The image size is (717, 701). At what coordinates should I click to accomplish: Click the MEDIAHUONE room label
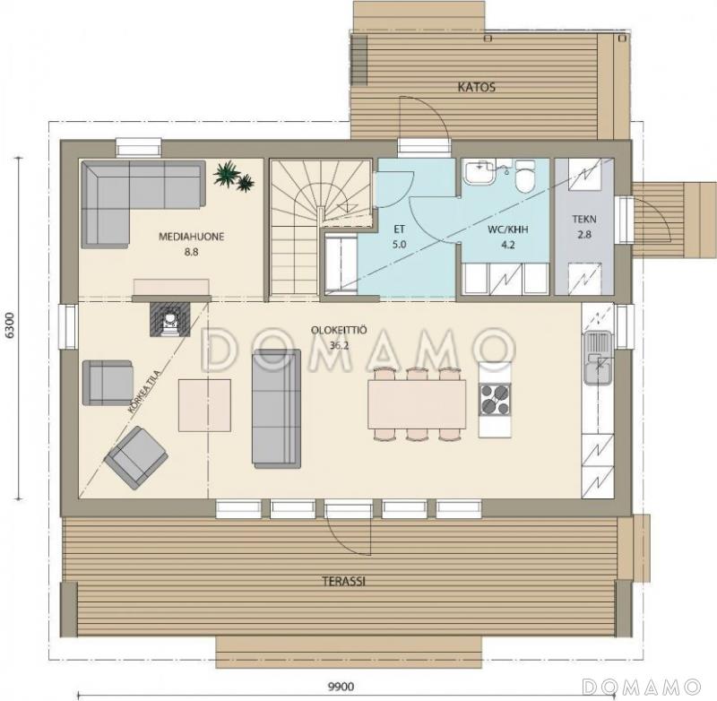click(x=191, y=237)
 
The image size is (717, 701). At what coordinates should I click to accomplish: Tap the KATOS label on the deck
click(x=477, y=87)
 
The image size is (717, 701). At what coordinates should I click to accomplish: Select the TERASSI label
click(x=343, y=582)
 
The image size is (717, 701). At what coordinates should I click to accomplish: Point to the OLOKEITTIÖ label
click(x=339, y=330)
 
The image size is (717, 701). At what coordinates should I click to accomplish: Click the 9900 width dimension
click(x=341, y=687)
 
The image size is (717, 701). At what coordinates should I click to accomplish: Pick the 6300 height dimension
click(x=10, y=325)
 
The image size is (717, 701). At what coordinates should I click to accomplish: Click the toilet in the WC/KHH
click(x=525, y=176)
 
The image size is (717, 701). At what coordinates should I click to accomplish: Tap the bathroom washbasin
click(x=479, y=172)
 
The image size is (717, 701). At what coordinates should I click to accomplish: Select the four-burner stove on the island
click(x=495, y=400)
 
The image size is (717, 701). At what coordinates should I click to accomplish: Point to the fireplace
click(x=170, y=319)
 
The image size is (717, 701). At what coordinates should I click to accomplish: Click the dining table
click(x=417, y=404)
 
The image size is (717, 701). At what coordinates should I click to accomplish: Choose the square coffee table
click(x=204, y=405)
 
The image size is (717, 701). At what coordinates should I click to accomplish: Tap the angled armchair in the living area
click(x=136, y=457)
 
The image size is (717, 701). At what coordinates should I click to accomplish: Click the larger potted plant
click(x=227, y=173)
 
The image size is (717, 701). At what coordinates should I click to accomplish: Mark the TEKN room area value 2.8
click(x=584, y=235)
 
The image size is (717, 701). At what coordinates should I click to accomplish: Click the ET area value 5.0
click(x=399, y=245)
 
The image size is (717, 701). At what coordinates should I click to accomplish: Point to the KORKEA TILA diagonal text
click(x=144, y=392)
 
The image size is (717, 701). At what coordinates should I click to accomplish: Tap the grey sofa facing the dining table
click(x=276, y=409)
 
